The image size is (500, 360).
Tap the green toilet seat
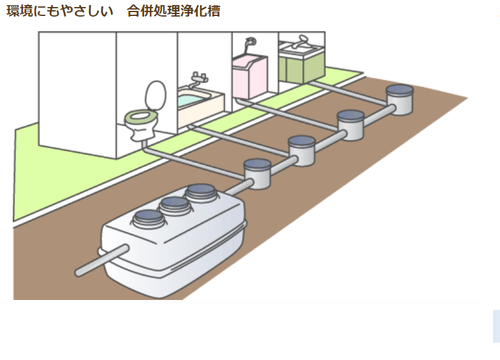[141, 116]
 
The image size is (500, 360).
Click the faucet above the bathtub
[200, 80]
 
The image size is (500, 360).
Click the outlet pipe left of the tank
[96, 264]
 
